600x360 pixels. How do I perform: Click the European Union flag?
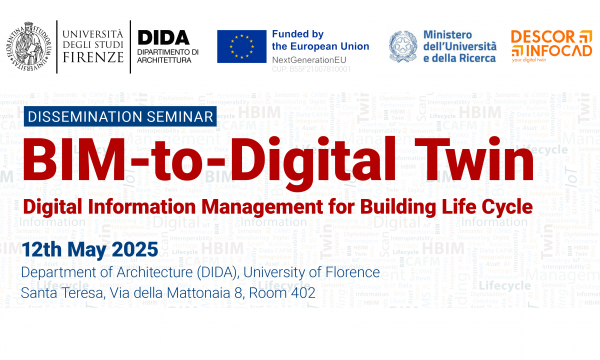tap(243, 45)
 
